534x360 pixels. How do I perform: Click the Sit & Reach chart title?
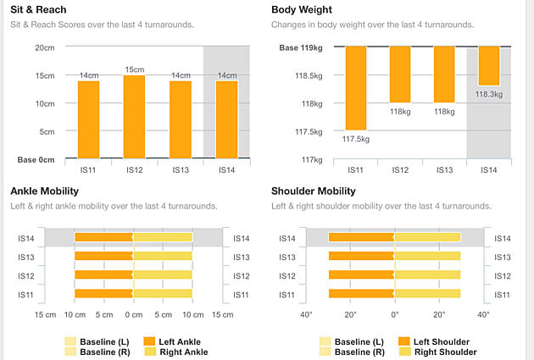(x=39, y=9)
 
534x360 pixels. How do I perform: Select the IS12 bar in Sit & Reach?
(x=134, y=117)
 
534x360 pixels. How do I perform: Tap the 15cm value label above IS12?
(x=134, y=69)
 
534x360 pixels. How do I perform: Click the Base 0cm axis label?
(x=36, y=159)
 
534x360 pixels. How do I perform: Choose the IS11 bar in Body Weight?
(x=355, y=87)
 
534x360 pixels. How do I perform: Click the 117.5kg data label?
(x=356, y=138)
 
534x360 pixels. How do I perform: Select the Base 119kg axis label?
(x=301, y=47)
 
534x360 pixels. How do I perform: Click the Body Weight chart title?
(x=302, y=9)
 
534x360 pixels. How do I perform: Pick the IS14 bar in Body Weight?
(x=488, y=66)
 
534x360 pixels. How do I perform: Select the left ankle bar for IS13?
(x=103, y=257)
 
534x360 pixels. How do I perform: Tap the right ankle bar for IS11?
(x=163, y=293)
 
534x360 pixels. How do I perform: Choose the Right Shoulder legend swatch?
(x=406, y=352)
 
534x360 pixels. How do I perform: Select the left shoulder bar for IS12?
(x=361, y=275)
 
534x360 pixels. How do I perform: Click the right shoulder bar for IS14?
(x=427, y=238)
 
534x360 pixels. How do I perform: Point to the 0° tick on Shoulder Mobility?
(x=394, y=314)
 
